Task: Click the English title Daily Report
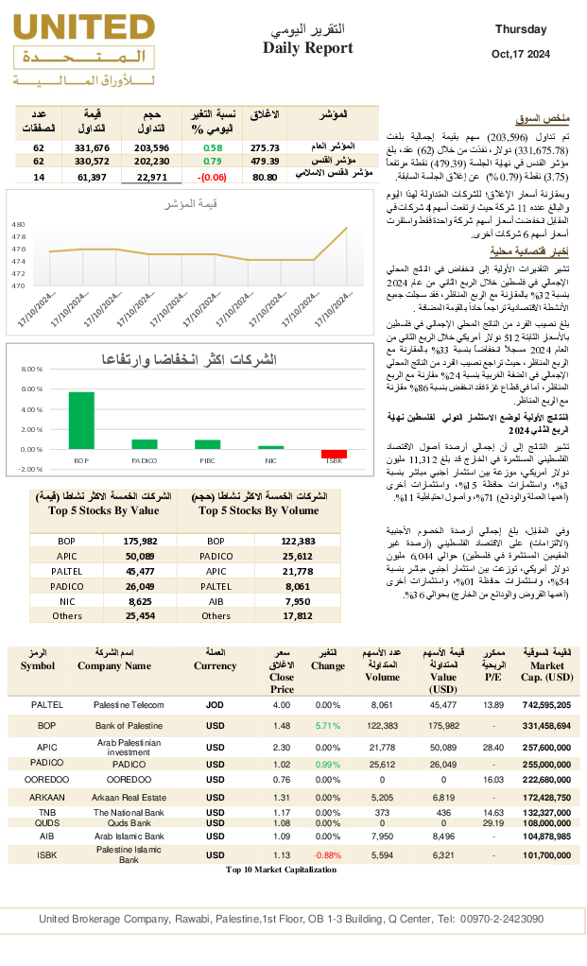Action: (x=307, y=48)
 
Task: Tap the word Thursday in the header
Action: (x=521, y=29)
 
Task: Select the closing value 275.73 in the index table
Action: (x=265, y=147)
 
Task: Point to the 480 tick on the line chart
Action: (x=19, y=225)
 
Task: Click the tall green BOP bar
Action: (x=81, y=420)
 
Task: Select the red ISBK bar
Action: (x=334, y=454)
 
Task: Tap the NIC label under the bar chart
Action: (x=270, y=460)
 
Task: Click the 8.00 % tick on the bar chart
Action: (x=32, y=370)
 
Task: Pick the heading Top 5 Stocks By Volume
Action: (x=258, y=510)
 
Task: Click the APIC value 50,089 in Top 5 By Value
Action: (x=139, y=556)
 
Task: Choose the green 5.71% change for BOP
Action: (x=327, y=726)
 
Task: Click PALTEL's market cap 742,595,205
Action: (x=546, y=705)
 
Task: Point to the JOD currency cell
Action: (x=215, y=705)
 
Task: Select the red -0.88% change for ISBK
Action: (x=327, y=855)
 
